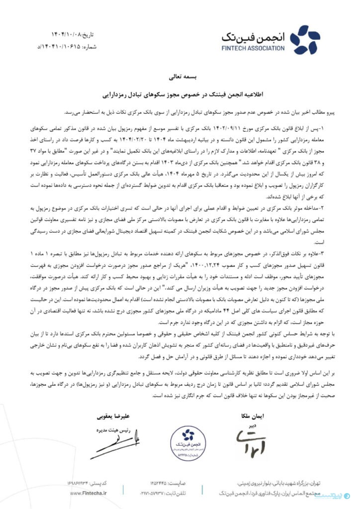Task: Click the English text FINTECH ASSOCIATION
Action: (254, 48)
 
